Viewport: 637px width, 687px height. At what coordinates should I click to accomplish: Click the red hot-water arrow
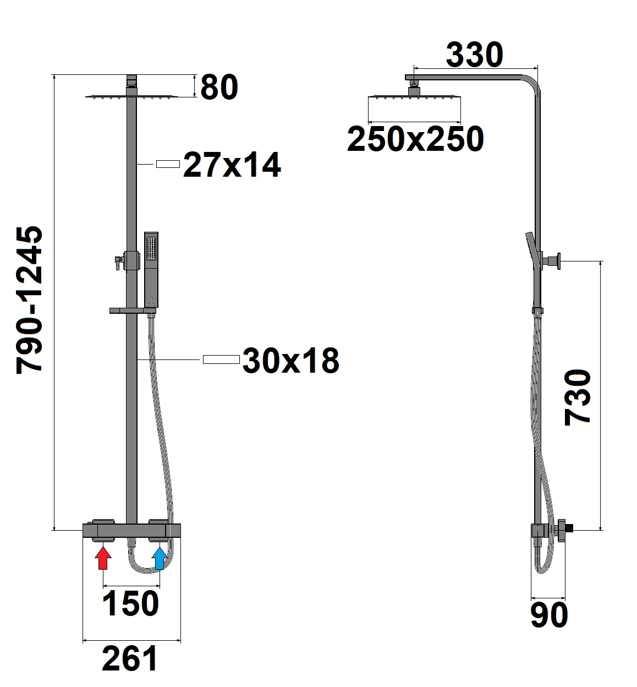[103, 558]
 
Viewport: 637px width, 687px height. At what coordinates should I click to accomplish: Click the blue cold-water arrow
[160, 558]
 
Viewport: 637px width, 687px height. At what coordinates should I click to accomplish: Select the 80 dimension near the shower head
[219, 87]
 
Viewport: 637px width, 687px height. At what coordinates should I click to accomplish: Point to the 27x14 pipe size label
[232, 165]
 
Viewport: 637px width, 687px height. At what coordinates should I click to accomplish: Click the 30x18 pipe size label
[290, 361]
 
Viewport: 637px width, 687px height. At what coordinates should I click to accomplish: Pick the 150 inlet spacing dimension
[131, 603]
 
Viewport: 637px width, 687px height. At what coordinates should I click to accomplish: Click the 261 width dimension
[130, 658]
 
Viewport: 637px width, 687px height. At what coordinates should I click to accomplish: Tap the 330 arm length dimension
[474, 55]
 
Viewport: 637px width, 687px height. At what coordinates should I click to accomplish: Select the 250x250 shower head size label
[415, 139]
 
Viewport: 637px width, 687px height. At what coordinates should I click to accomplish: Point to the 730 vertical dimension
[578, 397]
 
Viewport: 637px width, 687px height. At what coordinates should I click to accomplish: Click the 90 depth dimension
[549, 615]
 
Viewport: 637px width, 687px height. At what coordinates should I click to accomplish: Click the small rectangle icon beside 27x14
[168, 164]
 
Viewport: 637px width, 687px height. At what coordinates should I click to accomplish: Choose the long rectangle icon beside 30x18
[221, 359]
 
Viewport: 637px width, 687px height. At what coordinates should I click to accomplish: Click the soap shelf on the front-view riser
[132, 311]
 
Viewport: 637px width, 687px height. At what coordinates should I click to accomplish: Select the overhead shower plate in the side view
[414, 98]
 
